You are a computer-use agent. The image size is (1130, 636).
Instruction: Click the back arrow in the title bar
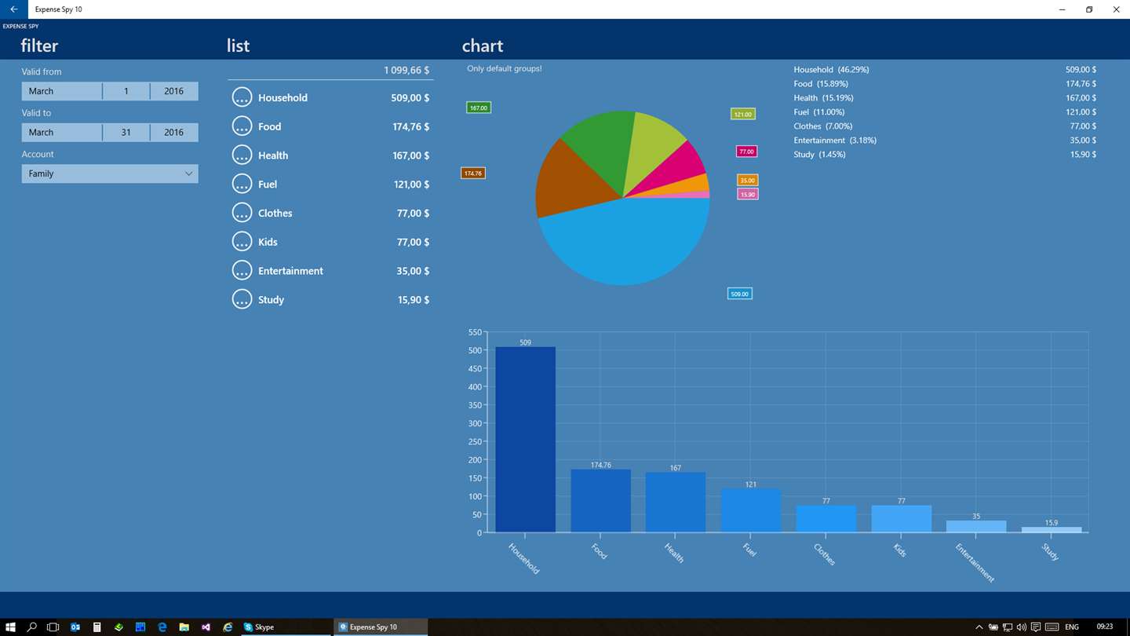click(13, 9)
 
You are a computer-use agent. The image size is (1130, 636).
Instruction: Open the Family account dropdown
click(110, 174)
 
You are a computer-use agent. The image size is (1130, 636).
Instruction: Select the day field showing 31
click(126, 132)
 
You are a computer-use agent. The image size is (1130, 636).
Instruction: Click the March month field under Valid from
click(61, 91)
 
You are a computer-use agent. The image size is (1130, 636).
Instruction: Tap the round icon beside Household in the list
click(242, 97)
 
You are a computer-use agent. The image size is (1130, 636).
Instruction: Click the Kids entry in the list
click(268, 243)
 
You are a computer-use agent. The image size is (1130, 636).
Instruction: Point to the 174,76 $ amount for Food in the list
click(410, 126)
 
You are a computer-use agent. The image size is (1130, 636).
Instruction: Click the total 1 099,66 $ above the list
click(406, 70)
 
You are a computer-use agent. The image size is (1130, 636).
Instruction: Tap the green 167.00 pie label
click(478, 108)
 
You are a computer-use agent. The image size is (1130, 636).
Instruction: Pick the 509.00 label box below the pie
click(739, 294)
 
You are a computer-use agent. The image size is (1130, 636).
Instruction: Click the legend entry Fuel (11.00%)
click(818, 112)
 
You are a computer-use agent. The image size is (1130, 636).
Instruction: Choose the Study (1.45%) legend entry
click(819, 155)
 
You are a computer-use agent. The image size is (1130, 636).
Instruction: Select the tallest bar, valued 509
click(525, 439)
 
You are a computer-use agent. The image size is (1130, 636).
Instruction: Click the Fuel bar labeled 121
click(751, 510)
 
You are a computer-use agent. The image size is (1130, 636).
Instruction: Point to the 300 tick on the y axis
click(475, 423)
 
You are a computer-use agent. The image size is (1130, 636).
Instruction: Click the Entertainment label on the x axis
click(975, 563)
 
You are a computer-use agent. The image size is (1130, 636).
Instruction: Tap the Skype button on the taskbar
click(259, 627)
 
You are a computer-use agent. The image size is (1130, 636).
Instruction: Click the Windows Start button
click(10, 627)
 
